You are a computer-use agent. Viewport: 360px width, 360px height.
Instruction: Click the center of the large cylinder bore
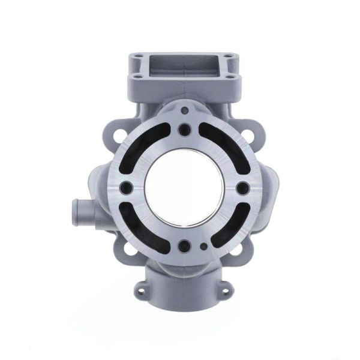(x=183, y=188)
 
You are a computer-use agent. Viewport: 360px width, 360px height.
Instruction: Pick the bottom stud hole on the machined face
(x=182, y=245)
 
